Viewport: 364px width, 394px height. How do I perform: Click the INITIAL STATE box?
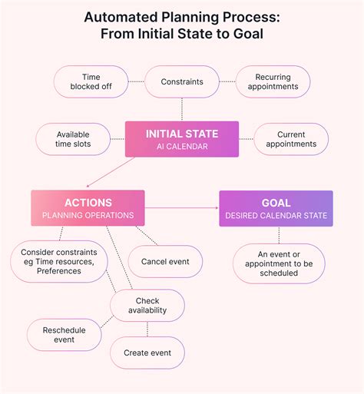point(182,139)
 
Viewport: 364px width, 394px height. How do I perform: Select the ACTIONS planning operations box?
point(88,208)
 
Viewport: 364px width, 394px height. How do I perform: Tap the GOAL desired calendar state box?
point(276,208)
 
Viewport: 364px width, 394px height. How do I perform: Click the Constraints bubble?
point(182,81)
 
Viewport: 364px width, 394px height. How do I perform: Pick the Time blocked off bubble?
point(91,81)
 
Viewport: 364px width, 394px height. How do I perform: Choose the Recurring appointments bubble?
point(273,81)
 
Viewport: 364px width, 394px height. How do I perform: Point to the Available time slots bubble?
point(73,139)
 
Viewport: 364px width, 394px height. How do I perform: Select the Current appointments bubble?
point(291,139)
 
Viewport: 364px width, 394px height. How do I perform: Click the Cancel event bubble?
point(165,261)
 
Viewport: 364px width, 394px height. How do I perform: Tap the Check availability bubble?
point(147,306)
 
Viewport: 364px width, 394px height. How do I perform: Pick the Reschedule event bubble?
point(64,335)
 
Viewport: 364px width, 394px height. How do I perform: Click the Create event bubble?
point(147,353)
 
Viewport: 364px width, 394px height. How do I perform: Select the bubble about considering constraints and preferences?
point(59,261)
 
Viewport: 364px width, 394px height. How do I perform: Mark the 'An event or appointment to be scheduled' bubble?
point(279,263)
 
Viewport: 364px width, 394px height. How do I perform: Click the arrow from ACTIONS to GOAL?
point(181,208)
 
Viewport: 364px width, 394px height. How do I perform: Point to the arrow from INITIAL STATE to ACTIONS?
point(111,172)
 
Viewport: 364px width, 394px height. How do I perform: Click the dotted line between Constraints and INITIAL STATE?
point(182,110)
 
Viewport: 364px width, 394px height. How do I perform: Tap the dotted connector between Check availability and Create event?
point(147,329)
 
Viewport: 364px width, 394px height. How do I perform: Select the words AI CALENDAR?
point(182,147)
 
